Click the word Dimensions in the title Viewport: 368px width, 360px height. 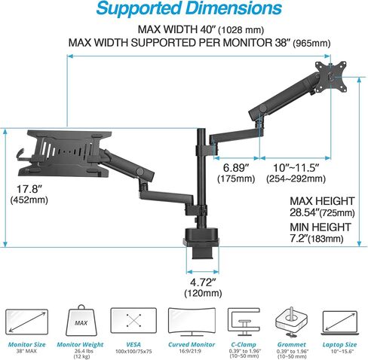(234, 8)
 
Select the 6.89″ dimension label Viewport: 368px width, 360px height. (236, 168)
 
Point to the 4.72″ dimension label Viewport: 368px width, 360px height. (203, 282)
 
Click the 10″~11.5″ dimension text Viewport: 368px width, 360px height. (296, 168)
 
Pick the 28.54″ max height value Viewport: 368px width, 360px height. (305, 212)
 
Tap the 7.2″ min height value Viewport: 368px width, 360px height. (299, 238)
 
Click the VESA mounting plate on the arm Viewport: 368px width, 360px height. (331, 76)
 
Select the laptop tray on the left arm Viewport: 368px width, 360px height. (65, 153)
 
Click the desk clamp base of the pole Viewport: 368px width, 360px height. (202, 243)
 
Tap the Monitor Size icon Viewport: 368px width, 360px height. (26, 322)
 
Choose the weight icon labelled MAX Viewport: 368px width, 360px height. (81, 321)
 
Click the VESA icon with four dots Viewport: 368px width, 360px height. (133, 321)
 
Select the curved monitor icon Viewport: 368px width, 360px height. (192, 322)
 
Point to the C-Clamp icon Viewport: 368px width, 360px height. (244, 322)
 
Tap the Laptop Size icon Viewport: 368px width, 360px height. (339, 323)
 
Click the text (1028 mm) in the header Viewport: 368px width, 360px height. (241, 30)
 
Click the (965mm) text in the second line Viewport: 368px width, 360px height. (311, 43)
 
